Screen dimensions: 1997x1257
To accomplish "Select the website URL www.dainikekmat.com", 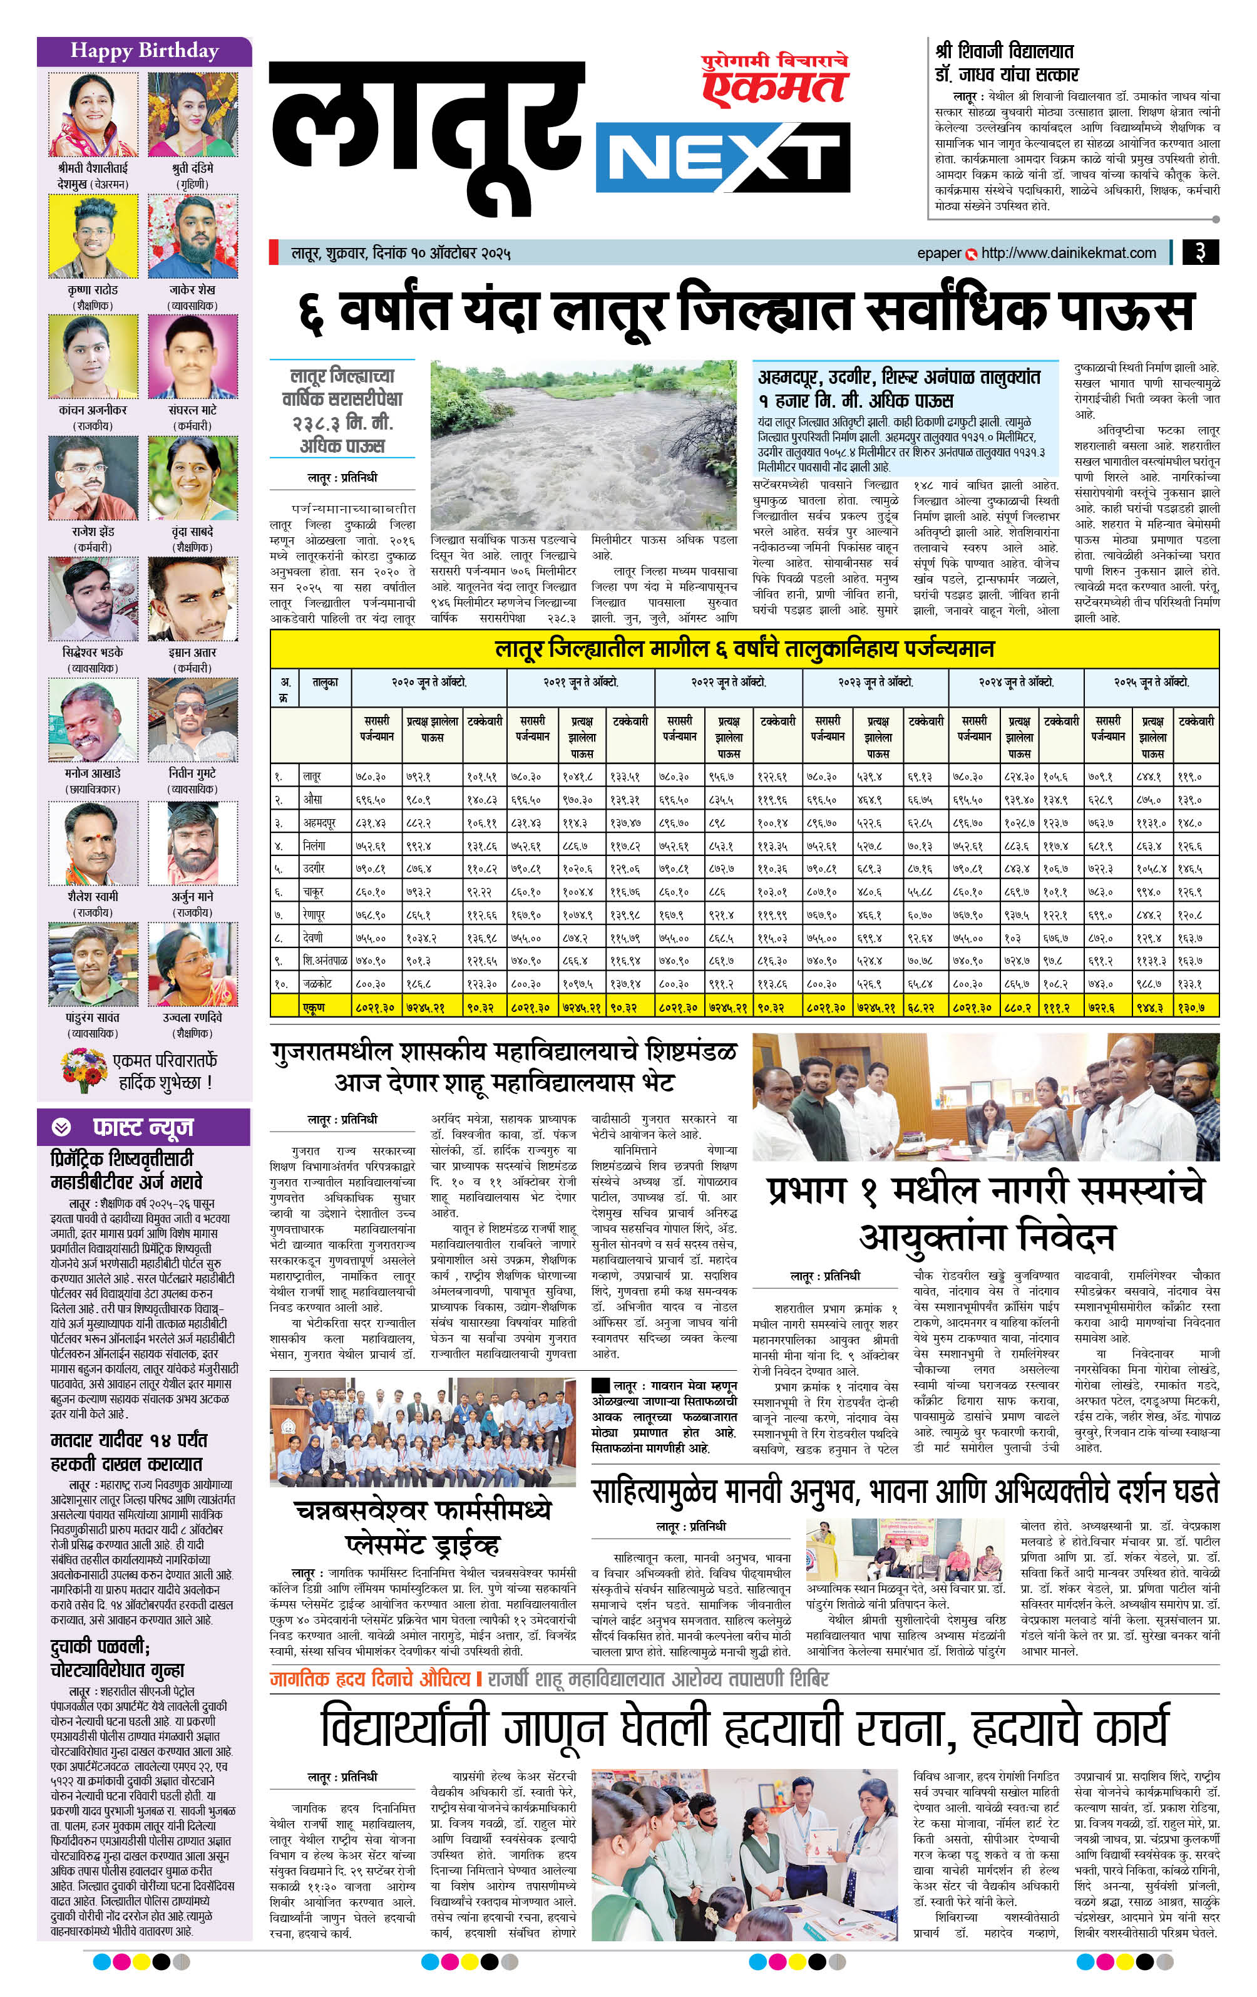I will [1069, 253].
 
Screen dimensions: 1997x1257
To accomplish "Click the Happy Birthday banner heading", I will [144, 51].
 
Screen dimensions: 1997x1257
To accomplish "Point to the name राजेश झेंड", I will [93, 532].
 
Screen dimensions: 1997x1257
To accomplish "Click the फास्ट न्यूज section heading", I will [143, 1128].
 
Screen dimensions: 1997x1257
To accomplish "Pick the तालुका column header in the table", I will [325, 683].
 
